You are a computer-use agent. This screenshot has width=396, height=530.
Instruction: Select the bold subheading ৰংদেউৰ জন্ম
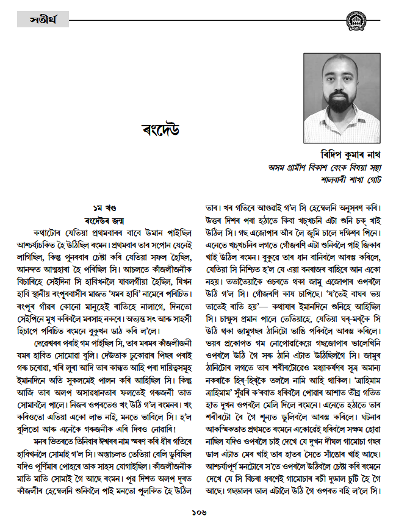tap(101, 221)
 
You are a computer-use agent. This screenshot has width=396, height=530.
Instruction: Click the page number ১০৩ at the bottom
tap(197, 511)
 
